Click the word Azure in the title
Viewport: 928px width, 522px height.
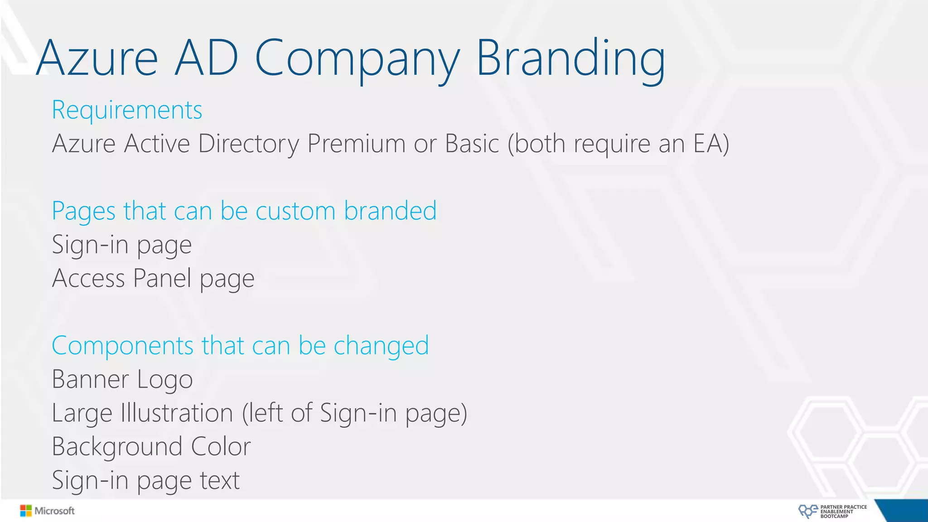(x=97, y=59)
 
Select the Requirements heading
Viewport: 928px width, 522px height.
(x=127, y=111)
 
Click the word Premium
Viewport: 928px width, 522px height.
(x=356, y=144)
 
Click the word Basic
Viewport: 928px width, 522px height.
(x=472, y=144)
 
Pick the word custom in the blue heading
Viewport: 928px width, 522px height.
(x=295, y=211)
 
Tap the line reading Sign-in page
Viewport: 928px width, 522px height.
(x=122, y=245)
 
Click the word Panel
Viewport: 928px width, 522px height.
(x=162, y=278)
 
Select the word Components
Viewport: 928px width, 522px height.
(x=123, y=346)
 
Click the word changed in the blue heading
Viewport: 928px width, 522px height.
(x=381, y=346)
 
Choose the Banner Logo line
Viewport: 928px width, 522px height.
(x=122, y=380)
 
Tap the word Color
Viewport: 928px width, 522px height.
(x=221, y=447)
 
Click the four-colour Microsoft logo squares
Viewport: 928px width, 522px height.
(x=26, y=511)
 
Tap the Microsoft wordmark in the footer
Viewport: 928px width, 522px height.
(x=55, y=511)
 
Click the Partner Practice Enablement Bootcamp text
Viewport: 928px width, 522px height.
(x=843, y=512)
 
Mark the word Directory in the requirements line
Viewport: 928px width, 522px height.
(x=249, y=144)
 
